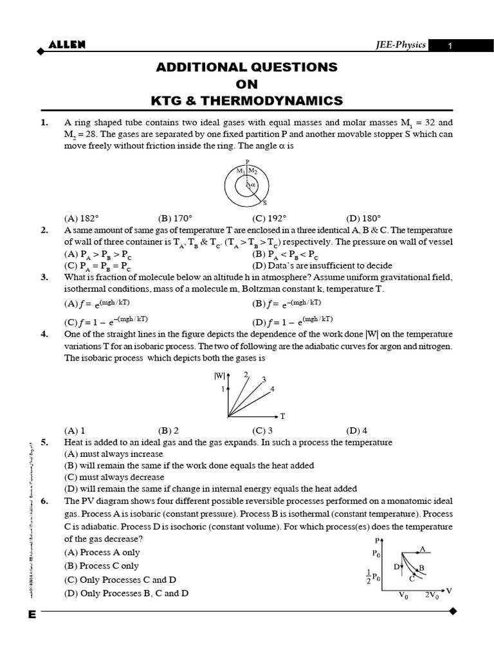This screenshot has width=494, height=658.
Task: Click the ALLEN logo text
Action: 67,44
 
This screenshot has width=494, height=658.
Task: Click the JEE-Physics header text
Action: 401,45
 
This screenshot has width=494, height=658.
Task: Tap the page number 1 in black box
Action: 451,46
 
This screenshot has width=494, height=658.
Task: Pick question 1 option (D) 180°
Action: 363,218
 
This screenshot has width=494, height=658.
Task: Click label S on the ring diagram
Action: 265,202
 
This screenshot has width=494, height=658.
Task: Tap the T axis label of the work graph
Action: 282,416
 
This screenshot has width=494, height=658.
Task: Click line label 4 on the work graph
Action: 273,389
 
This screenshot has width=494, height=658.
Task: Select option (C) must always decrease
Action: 114,477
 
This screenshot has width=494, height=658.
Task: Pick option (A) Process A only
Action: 102,552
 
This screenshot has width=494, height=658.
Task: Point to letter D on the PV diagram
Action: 397,567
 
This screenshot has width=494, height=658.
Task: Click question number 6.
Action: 44,501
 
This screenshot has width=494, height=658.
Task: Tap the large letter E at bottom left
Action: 32,615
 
